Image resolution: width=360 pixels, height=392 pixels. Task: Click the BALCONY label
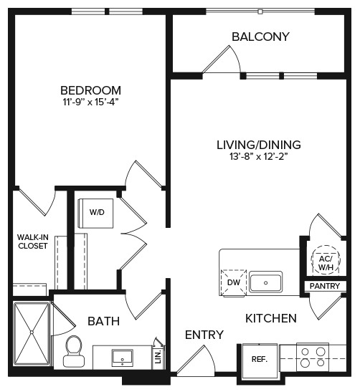[x=260, y=37]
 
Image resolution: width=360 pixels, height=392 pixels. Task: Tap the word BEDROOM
[x=90, y=90]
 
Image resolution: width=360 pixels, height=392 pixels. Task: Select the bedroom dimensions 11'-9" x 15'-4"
[x=90, y=102]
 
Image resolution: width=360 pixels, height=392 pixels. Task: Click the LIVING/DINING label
[x=258, y=143]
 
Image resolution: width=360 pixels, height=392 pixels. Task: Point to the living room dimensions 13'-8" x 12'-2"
[x=258, y=156]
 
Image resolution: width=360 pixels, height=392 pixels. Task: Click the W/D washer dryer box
[x=95, y=212]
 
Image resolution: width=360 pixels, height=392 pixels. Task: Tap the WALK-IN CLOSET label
[x=32, y=241]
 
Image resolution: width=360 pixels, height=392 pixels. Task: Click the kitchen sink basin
[x=265, y=282]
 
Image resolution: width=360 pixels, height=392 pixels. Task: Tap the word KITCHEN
[x=270, y=317]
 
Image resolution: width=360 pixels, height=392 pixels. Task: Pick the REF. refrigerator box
[x=258, y=358]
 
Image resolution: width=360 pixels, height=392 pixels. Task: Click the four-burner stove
[x=313, y=357]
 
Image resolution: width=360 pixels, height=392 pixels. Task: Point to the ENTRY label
[x=204, y=335]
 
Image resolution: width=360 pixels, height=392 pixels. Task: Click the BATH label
[x=104, y=322]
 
